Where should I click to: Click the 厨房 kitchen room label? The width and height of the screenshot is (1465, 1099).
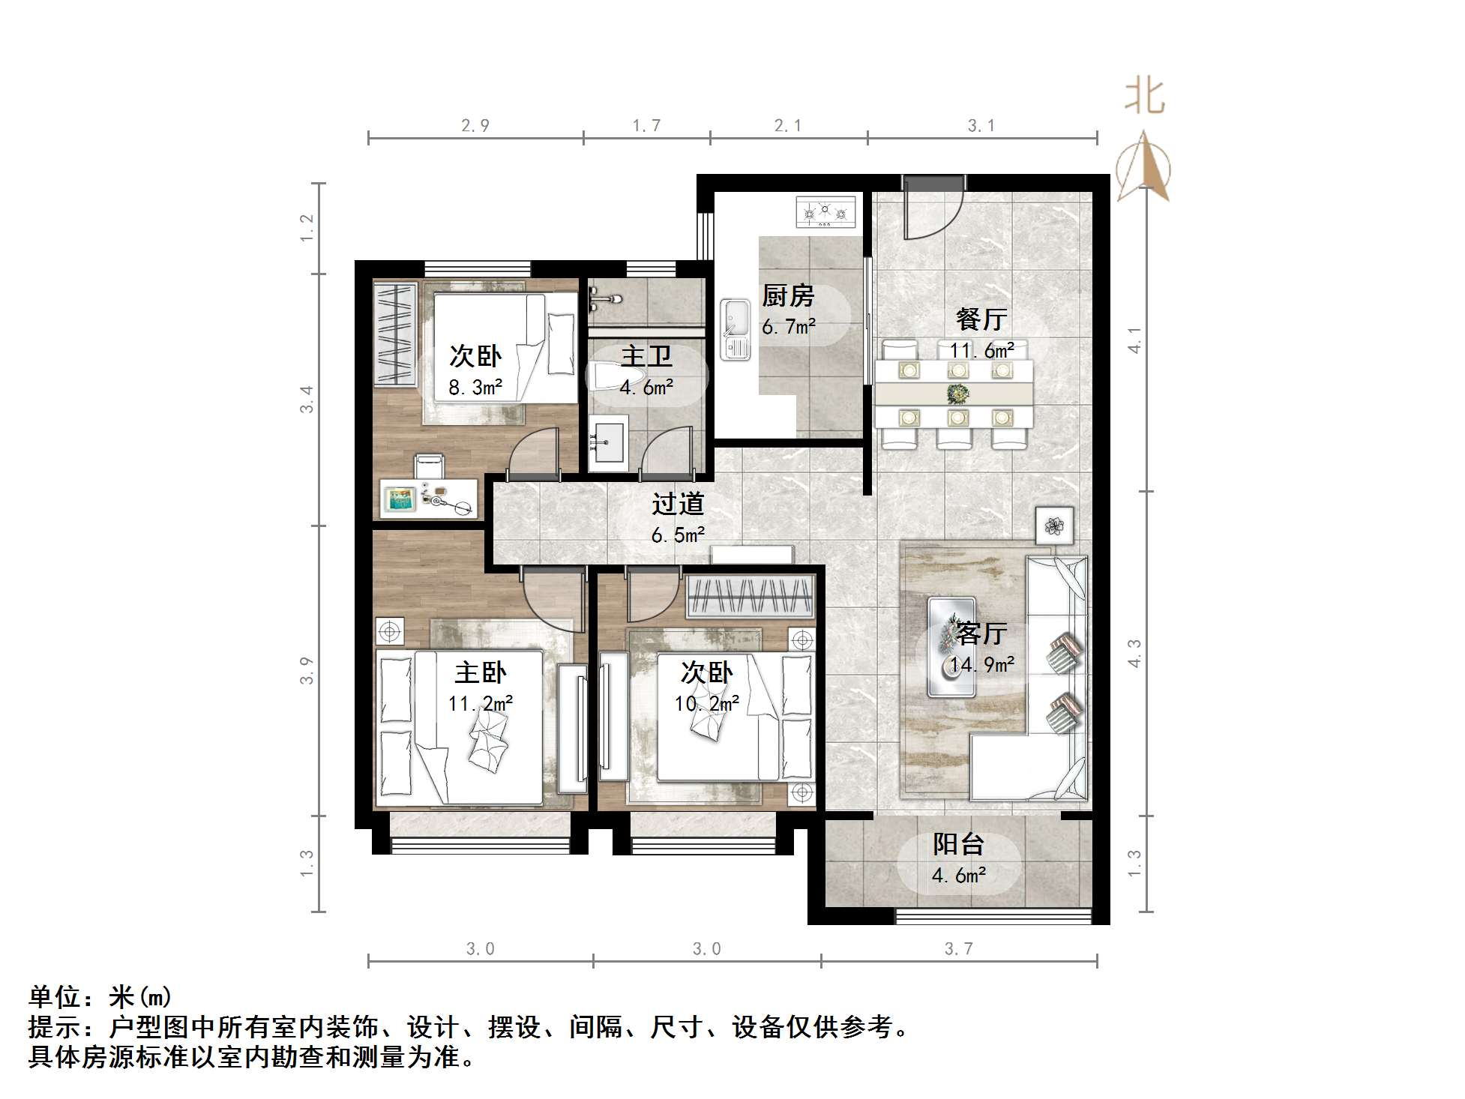788,296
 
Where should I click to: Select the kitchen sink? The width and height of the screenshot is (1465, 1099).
735,328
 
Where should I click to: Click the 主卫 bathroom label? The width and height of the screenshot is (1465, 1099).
646,357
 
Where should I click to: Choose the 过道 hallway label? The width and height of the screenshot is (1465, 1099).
678,504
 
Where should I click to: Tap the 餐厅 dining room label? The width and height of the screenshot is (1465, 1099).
981,319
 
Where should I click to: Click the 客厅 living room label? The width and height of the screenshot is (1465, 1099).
981,634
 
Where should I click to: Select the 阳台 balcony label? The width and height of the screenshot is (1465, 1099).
958,845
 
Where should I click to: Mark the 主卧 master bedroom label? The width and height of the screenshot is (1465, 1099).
481,672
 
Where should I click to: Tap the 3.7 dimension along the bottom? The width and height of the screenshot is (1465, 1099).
958,949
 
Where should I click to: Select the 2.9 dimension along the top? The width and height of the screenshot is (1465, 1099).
475,126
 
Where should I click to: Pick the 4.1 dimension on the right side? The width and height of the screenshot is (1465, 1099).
1135,340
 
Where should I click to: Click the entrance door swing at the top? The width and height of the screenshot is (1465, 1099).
933,210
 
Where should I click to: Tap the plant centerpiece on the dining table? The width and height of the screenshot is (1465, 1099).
957,394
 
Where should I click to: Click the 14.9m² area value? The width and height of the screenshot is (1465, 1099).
982,665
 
